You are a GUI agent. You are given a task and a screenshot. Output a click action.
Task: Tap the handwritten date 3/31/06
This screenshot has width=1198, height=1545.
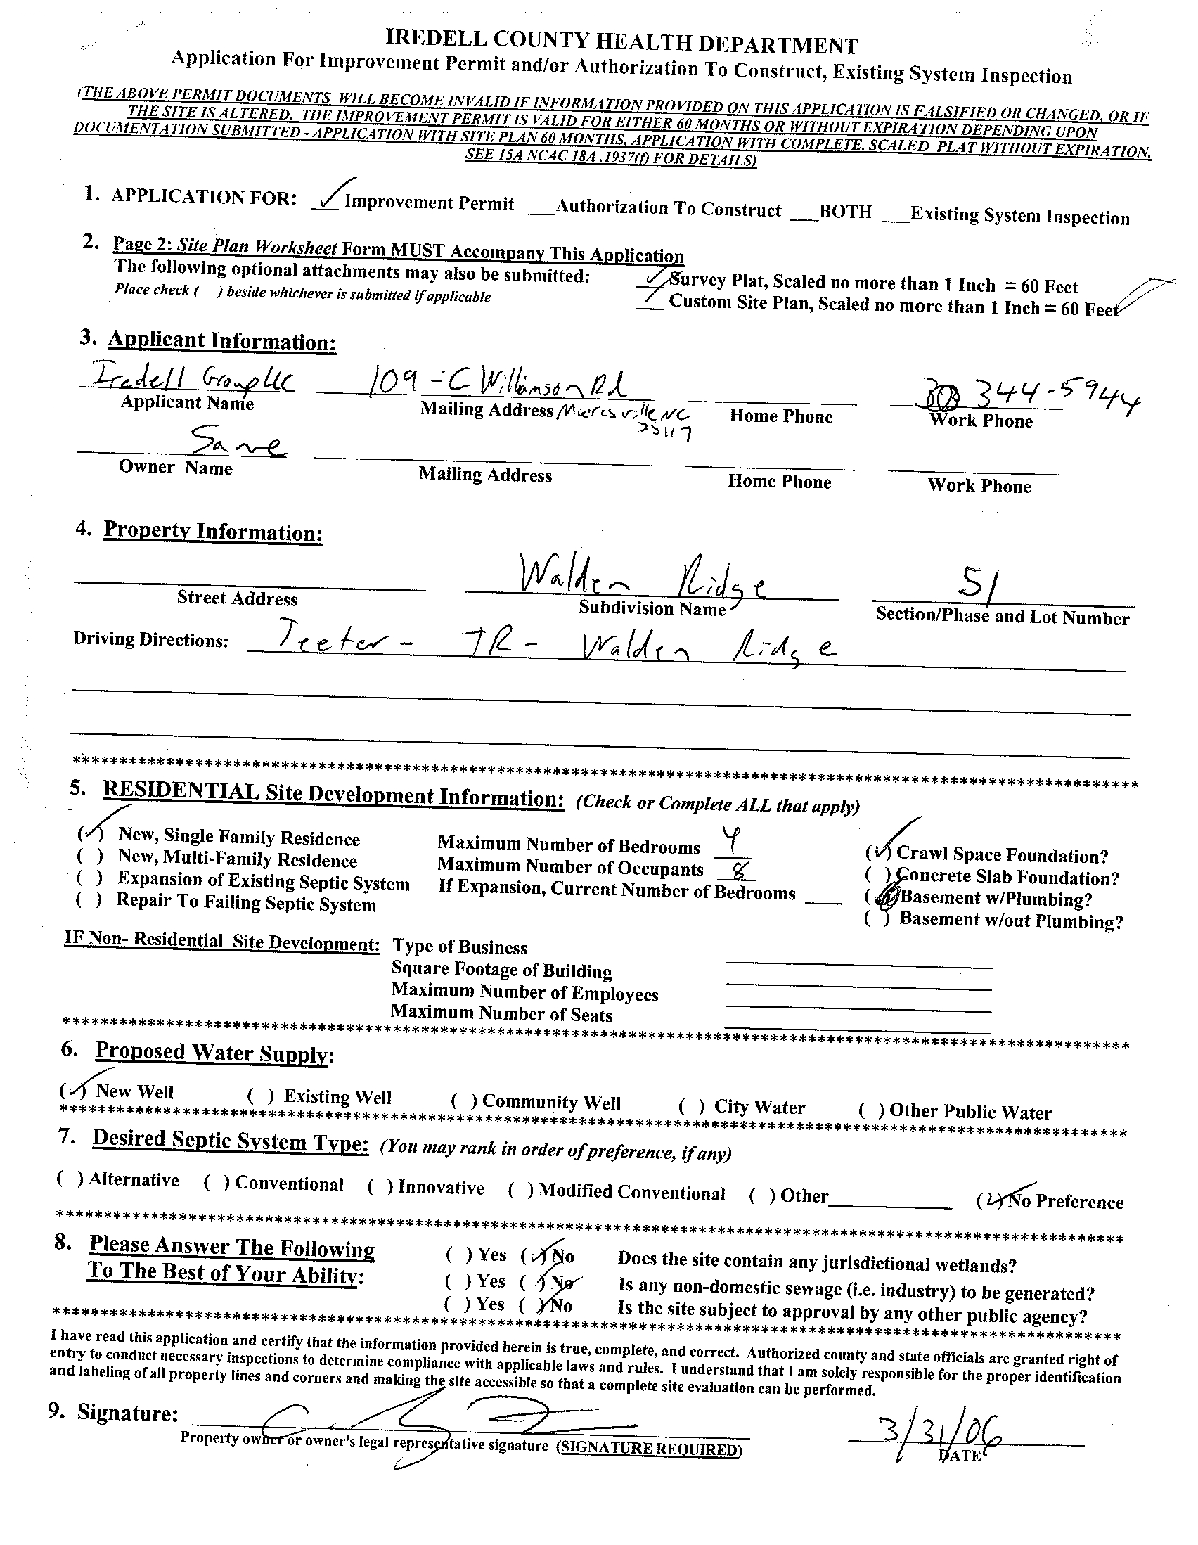pyautogui.click(x=927, y=1433)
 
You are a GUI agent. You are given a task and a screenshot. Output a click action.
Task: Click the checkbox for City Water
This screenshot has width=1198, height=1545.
pyautogui.click(x=691, y=1106)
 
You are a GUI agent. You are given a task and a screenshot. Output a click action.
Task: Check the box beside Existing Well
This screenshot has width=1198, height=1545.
pyautogui.click(x=259, y=1096)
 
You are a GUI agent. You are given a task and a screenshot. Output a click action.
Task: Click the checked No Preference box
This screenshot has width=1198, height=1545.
pyautogui.click(x=988, y=1200)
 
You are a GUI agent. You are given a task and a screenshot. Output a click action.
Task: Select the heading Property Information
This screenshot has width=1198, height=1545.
pyautogui.click(x=213, y=530)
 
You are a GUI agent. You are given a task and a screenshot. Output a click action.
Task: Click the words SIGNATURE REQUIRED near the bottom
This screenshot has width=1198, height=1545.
pyautogui.click(x=648, y=1449)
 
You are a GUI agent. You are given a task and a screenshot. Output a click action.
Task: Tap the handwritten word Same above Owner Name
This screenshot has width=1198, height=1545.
pyautogui.click(x=237, y=444)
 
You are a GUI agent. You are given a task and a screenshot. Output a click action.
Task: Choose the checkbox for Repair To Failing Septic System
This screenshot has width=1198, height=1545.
pyautogui.click(x=89, y=900)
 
